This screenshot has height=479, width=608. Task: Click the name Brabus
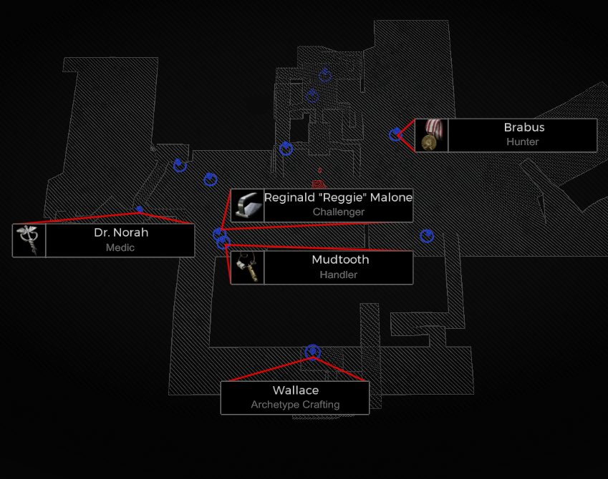pyautogui.click(x=523, y=128)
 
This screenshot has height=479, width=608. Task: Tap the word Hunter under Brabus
pyautogui.click(x=522, y=142)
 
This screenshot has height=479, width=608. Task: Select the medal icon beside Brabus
pyautogui.click(x=431, y=135)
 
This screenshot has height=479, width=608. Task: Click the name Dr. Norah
pyautogui.click(x=121, y=233)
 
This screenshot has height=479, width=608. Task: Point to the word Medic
pyautogui.click(x=120, y=247)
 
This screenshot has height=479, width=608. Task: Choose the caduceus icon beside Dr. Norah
pyautogui.click(x=29, y=239)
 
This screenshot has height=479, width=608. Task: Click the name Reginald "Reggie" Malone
pyautogui.click(x=338, y=197)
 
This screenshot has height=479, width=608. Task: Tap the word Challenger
pyautogui.click(x=338, y=212)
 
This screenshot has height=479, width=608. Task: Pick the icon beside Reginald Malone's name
pyautogui.click(x=247, y=205)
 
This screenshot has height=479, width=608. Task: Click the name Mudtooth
pyautogui.click(x=340, y=260)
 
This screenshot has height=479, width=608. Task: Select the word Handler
pyautogui.click(x=339, y=275)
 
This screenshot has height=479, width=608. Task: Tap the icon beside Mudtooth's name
pyautogui.click(x=247, y=267)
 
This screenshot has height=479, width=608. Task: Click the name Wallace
pyautogui.click(x=295, y=390)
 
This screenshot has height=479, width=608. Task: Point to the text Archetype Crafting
pyautogui.click(x=295, y=405)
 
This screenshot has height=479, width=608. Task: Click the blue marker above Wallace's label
pyautogui.click(x=312, y=352)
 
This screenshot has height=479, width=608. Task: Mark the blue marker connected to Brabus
pyautogui.click(x=395, y=134)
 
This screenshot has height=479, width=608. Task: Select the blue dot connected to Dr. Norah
pyautogui.click(x=140, y=209)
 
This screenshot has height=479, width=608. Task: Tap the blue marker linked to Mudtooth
pyautogui.click(x=223, y=243)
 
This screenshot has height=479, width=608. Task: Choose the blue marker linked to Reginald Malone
pyautogui.click(x=219, y=234)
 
